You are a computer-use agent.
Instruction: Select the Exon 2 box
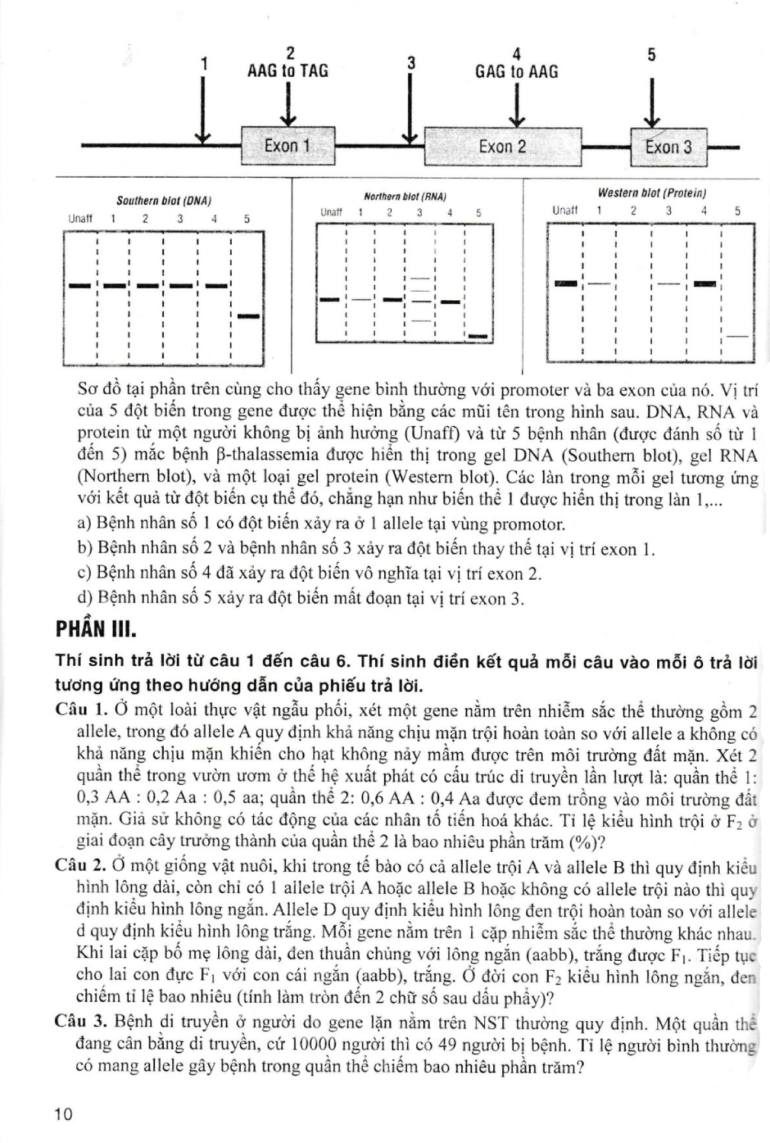tap(502, 146)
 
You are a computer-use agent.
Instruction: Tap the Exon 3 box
tap(669, 147)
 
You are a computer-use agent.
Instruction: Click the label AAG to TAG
tap(288, 71)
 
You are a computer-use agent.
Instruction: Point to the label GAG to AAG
tap(516, 72)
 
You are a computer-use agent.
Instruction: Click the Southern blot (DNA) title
tap(163, 201)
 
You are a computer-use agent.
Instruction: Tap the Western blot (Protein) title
tap(652, 194)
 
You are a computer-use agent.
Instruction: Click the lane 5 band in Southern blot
tap(249, 315)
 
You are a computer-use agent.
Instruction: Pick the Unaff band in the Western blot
tap(565, 283)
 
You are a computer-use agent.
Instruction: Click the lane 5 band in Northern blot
tap(478, 335)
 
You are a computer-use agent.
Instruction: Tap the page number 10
tap(63, 1114)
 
